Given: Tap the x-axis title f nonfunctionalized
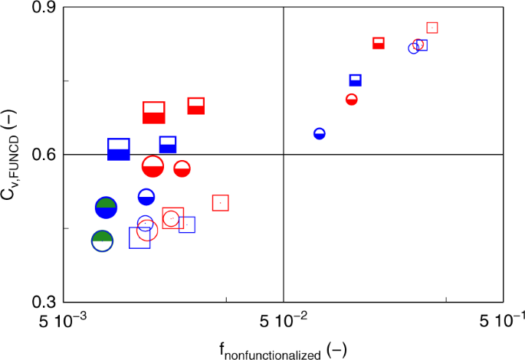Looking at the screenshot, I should coord(283,350).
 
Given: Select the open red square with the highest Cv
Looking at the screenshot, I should coord(432,28).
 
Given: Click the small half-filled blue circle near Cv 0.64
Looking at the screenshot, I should coord(320,134).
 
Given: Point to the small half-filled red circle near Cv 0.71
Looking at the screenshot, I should coord(352,100).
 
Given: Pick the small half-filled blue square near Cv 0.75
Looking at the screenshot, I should coord(356,80).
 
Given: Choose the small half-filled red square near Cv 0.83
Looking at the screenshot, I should coord(379,43).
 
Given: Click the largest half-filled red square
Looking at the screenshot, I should coord(154,113).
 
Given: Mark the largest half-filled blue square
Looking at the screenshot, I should coord(119,149).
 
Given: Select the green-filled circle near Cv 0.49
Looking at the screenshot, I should coord(106,208).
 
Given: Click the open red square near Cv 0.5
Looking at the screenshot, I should coord(221,203).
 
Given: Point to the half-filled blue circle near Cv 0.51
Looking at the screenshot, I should coord(146,197).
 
